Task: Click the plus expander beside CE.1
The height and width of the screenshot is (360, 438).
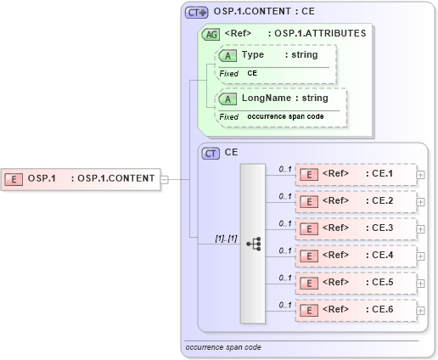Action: [x=421, y=174]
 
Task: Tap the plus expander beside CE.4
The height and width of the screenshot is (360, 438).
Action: [x=421, y=256]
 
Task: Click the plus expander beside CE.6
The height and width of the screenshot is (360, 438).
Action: [x=421, y=310]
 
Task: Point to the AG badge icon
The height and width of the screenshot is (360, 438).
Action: [x=210, y=34]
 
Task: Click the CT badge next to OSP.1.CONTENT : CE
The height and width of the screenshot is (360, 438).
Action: [x=197, y=13]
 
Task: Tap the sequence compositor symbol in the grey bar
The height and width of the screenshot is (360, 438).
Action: [x=253, y=243]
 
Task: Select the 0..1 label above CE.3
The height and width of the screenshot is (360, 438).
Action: [x=285, y=223]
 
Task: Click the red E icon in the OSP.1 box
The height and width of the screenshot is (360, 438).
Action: [x=14, y=178]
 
